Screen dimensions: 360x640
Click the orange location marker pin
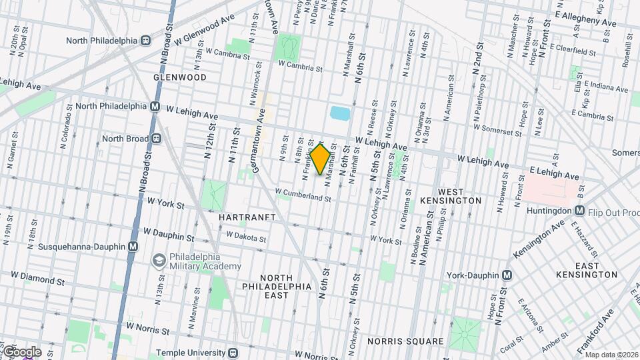point(320,159)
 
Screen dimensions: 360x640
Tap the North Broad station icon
point(157,139)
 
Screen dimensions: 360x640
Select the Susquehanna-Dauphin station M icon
point(133,247)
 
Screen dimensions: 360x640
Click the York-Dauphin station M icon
point(507,275)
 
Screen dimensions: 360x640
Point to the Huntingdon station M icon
point(579,211)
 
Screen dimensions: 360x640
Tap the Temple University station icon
point(232,353)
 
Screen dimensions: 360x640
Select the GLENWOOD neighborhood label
point(179,77)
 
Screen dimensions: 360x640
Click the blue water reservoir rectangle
point(339,113)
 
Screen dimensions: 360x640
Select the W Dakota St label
point(245,235)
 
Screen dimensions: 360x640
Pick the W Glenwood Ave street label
point(205,30)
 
